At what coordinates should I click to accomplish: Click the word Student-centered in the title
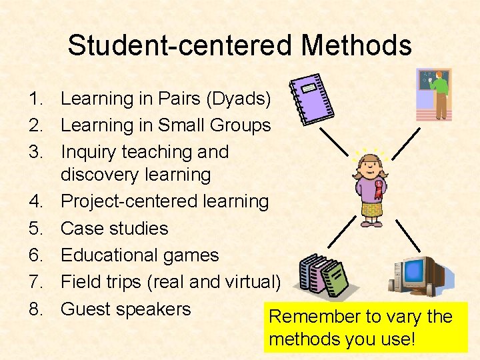181,46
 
